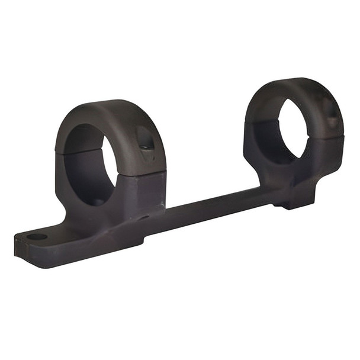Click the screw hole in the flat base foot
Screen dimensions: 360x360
coord(37,237)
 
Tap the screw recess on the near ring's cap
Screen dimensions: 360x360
coord(144,140)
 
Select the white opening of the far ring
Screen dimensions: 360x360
coord(293,127)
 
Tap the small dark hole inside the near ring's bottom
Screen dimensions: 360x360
coord(95,201)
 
